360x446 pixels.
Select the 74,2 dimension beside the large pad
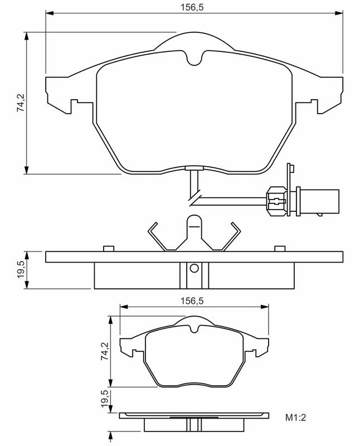pyautogui.click(x=21, y=104)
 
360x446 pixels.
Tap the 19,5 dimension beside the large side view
pyautogui.click(x=21, y=270)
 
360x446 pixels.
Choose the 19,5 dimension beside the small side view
pyautogui.click(x=104, y=400)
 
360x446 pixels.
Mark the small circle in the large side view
pyautogui.click(x=193, y=268)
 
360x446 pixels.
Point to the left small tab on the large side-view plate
pyautogui.click(x=108, y=248)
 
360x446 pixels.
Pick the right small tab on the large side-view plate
pyautogui.click(x=279, y=248)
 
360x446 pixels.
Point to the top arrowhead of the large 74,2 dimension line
pyautogui.click(x=27, y=35)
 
